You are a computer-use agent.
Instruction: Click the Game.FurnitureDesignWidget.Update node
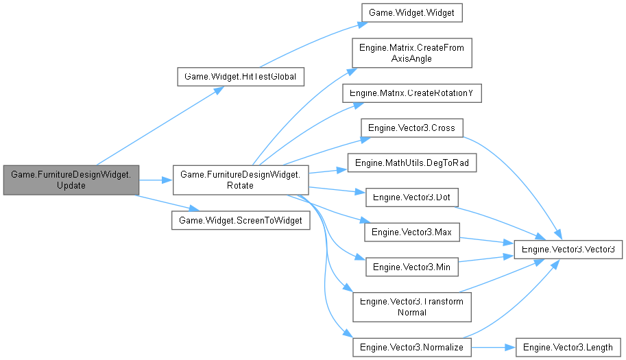tap(71, 180)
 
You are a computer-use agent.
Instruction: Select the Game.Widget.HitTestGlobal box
tap(240, 77)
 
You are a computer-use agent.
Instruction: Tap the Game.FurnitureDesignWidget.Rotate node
tap(240, 180)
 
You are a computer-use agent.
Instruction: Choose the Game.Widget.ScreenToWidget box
tap(240, 220)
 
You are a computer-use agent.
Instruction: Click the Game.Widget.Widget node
tap(411, 12)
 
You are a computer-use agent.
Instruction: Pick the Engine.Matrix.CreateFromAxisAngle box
tap(411, 53)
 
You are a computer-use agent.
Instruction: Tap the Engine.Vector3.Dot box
tap(411, 197)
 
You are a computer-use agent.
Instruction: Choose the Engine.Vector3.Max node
tap(411, 232)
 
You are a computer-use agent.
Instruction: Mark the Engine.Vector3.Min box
tap(411, 266)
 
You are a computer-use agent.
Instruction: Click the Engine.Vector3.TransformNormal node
tap(411, 307)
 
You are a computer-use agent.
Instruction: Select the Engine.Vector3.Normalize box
tap(411, 347)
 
